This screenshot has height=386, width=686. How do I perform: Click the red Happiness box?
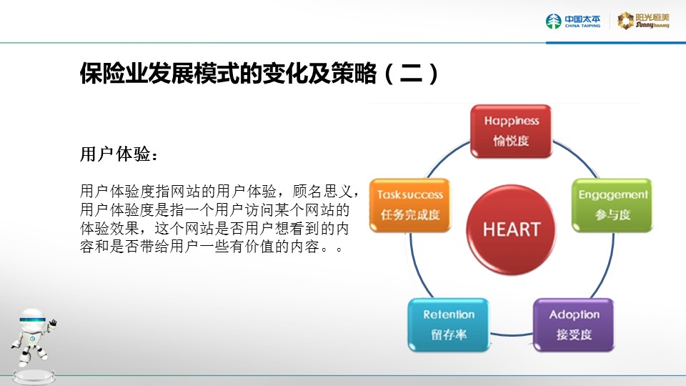click(511, 132)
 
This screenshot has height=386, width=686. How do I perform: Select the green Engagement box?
click(612, 205)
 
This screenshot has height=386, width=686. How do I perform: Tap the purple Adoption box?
click(574, 325)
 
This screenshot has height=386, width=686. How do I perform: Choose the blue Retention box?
click(449, 325)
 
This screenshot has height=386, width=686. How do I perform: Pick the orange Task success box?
click(410, 205)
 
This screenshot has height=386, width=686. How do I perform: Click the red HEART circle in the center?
click(511, 229)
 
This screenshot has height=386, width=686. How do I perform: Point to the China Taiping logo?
click(573, 21)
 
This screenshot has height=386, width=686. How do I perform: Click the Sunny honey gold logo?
click(643, 21)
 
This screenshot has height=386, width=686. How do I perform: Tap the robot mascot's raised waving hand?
click(53, 323)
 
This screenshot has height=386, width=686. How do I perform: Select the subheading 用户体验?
click(119, 154)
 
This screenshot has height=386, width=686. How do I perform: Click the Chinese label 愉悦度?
click(511, 141)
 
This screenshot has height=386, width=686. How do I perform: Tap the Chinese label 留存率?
click(449, 335)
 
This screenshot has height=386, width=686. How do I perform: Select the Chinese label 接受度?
click(574, 335)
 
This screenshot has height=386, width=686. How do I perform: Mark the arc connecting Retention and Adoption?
click(511, 335)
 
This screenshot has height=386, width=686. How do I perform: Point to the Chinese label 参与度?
click(613, 214)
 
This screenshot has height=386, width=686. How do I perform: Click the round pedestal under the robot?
click(34, 377)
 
